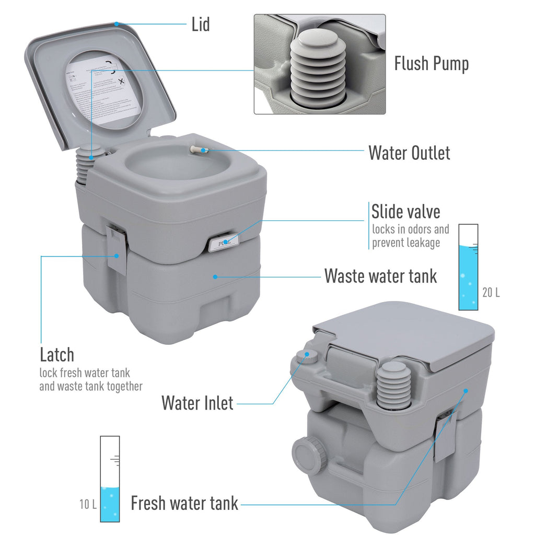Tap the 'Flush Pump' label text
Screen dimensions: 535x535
tap(431, 64)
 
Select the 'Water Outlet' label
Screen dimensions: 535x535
tap(409, 153)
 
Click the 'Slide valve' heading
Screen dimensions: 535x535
tap(405, 212)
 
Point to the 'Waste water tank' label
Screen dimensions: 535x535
tap(380, 276)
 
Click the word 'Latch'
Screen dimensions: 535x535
tap(57, 355)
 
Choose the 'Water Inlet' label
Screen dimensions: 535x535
tap(197, 403)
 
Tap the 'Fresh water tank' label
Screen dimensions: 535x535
tap(184, 504)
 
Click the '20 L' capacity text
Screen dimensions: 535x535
tap(491, 293)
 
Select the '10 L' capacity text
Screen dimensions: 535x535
tap(88, 505)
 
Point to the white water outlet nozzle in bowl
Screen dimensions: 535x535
tap(196, 149)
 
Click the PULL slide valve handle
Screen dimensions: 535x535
tap(222, 243)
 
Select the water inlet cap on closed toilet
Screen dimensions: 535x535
tap(304, 356)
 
